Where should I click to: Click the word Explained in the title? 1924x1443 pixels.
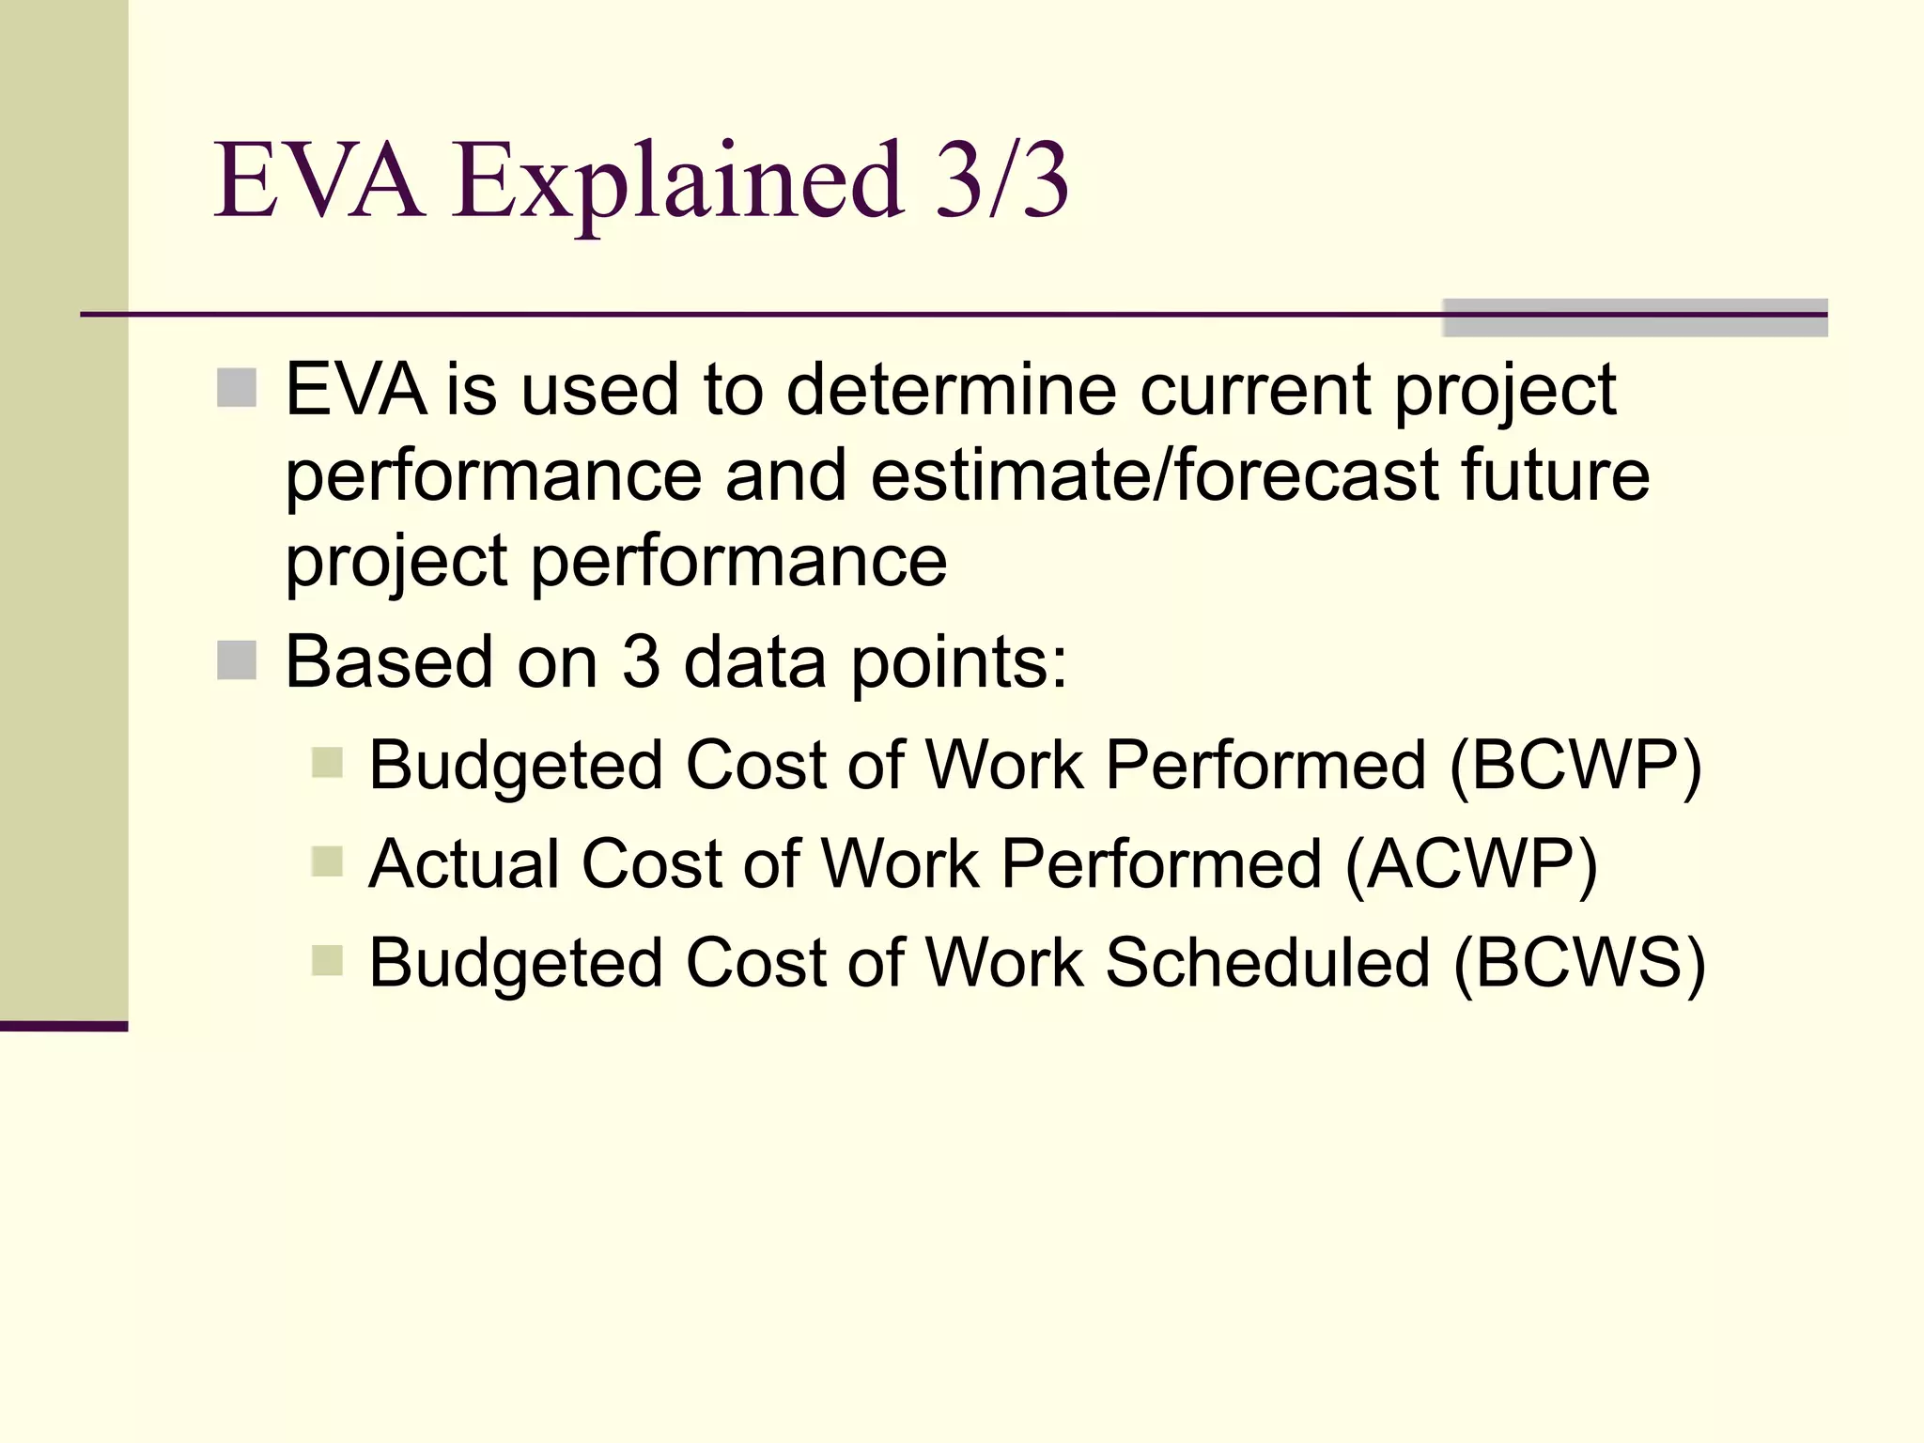[678, 180]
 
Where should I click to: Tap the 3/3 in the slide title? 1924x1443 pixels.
[1001, 180]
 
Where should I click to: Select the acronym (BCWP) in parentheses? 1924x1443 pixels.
[1575, 765]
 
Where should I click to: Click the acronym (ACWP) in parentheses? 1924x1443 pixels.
[1471, 863]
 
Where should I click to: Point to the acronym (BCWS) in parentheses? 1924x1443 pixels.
[1579, 963]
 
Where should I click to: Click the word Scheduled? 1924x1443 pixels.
[1267, 963]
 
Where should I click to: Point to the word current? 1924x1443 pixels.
[1255, 389]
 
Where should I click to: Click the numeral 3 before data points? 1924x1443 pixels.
[641, 662]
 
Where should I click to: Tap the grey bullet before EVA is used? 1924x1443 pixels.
[237, 388]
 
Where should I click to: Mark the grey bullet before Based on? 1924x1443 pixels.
[237, 660]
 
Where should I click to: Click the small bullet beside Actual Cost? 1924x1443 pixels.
[327, 861]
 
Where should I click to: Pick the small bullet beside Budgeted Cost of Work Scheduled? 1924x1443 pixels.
[327, 960]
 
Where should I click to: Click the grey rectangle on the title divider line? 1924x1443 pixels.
[1635, 318]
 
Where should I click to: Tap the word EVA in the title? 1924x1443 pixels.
[318, 180]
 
